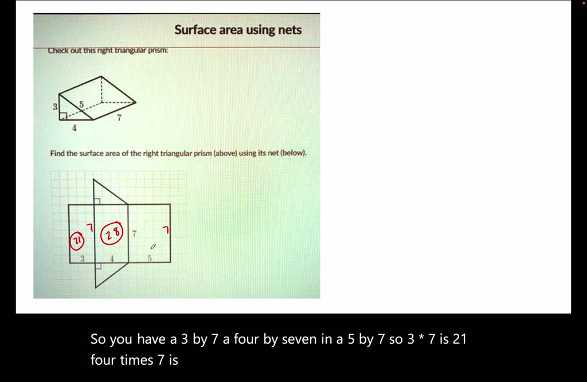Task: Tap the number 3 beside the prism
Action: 55,107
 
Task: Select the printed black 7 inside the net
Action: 134,234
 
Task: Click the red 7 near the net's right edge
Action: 166,230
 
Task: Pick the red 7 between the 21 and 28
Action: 89,228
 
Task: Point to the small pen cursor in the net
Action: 152,247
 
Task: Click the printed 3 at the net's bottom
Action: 82,259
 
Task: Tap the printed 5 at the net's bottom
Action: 150,259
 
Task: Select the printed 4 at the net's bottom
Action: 112,259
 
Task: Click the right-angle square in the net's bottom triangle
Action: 97,266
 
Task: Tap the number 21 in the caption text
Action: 459,340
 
